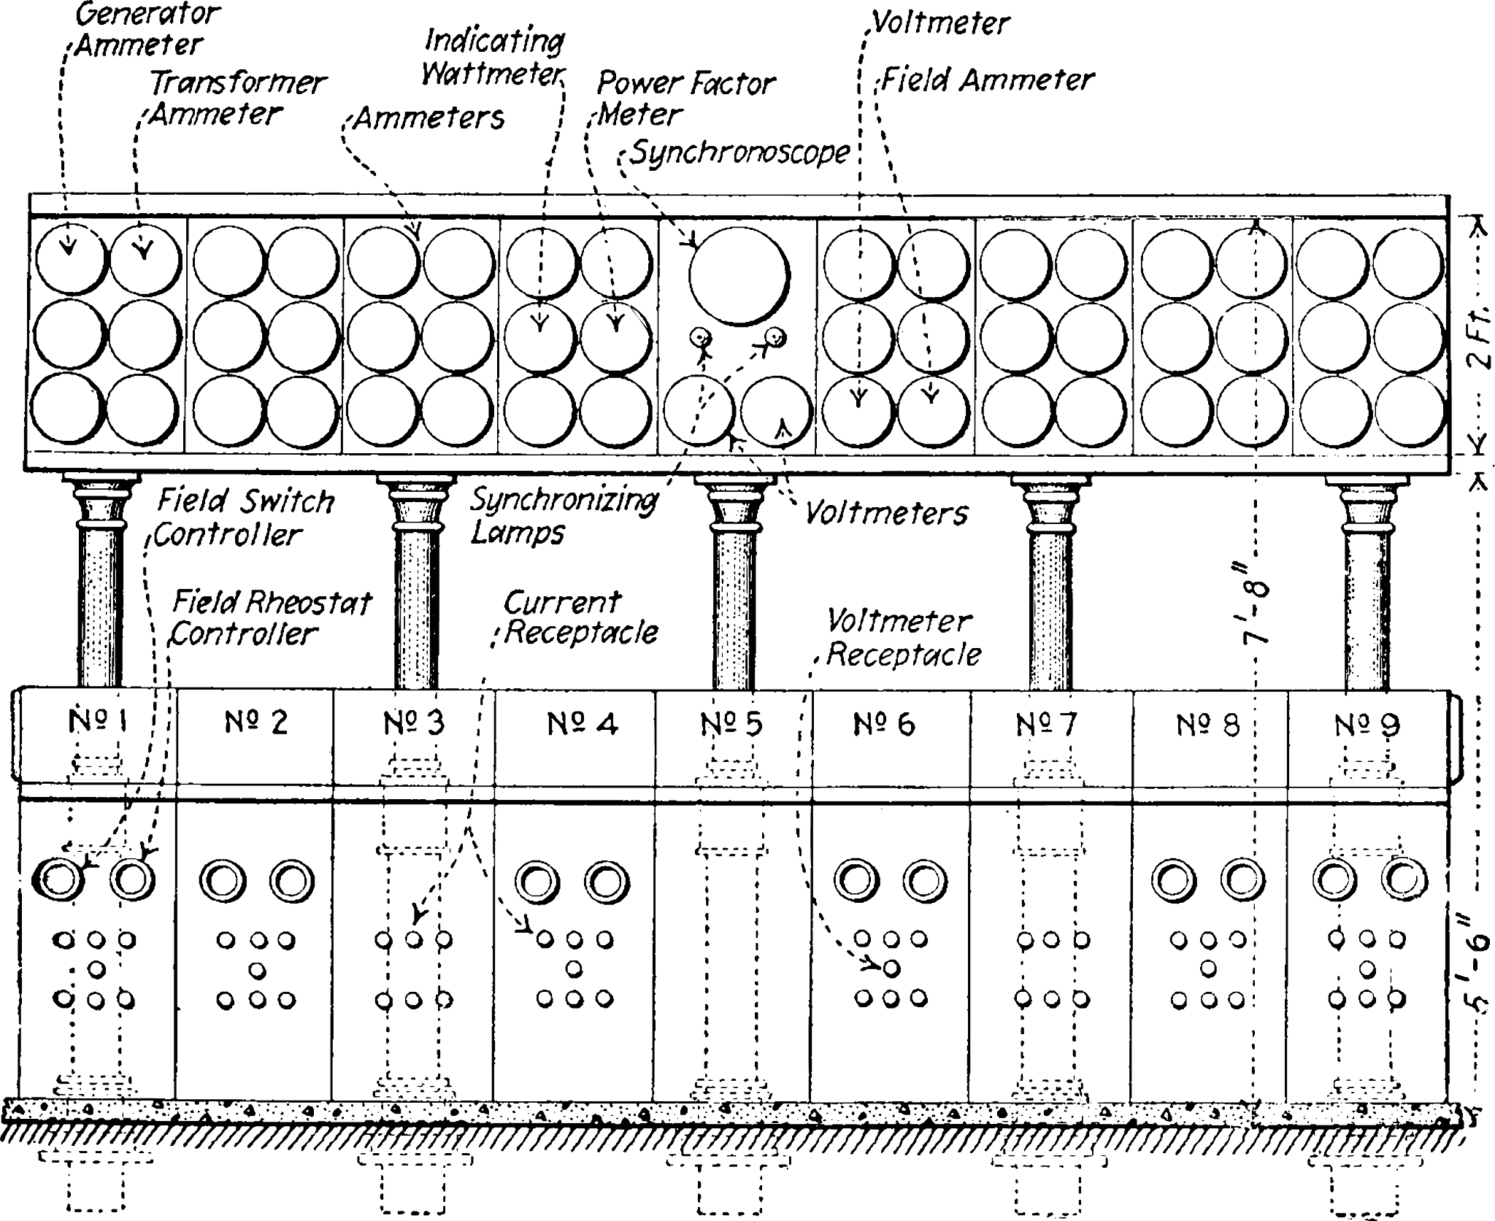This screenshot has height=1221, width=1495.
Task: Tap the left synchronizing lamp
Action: point(702,338)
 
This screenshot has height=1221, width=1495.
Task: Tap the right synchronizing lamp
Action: point(775,337)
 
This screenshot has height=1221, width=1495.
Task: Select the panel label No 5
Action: point(731,724)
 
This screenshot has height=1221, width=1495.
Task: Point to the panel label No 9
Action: point(1368,725)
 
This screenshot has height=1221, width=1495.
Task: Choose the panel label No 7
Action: point(1047,725)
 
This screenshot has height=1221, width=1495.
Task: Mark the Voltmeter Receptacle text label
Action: point(904,638)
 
